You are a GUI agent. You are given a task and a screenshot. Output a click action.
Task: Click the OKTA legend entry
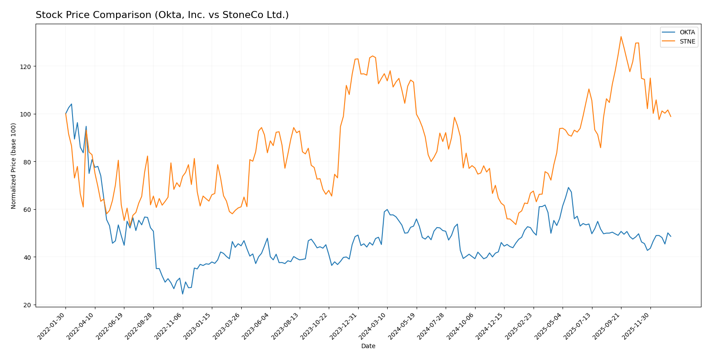[x=687, y=32]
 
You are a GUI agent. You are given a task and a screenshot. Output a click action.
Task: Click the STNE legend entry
[x=687, y=42]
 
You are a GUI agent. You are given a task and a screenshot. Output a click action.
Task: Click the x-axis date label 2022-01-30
[x=52, y=326]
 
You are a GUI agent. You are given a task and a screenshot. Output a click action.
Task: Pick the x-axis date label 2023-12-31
[x=345, y=326]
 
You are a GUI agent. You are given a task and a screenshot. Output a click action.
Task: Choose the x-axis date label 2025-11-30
[x=637, y=326]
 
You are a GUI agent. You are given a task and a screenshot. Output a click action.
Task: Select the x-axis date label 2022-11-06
[x=169, y=326]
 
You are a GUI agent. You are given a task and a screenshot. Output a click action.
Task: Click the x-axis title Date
[x=368, y=346]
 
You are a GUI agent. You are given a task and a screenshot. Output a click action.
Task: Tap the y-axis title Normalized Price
[x=14, y=166]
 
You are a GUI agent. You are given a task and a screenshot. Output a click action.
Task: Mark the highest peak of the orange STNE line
[x=621, y=36]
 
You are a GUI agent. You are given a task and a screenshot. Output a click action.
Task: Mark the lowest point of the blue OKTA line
[x=182, y=294]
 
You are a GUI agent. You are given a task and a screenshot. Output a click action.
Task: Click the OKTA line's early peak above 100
[x=72, y=104]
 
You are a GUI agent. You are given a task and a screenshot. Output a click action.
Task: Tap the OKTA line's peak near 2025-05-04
[x=568, y=188]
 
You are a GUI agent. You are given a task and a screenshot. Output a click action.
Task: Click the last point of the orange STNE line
[x=670, y=116]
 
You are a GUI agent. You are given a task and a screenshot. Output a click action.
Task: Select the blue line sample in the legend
[x=669, y=32]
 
